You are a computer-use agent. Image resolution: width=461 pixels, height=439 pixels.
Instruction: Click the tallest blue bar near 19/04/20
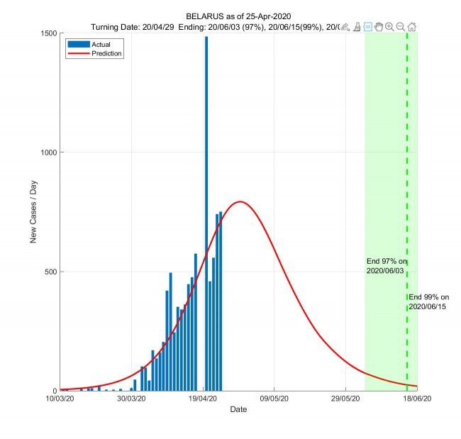point(206,213)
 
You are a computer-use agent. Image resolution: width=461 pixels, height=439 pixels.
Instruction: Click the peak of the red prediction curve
point(240,202)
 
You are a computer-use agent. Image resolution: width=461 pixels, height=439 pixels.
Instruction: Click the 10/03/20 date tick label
point(60,399)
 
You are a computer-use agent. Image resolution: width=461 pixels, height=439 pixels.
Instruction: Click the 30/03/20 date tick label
point(131,399)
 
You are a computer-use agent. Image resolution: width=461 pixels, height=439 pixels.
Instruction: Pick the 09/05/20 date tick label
point(274,399)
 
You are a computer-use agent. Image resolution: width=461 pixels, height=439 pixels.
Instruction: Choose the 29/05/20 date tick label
point(345,399)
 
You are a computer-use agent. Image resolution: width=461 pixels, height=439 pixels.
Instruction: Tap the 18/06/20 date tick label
point(416,399)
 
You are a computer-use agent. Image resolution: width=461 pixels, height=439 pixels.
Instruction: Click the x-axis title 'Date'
point(238,410)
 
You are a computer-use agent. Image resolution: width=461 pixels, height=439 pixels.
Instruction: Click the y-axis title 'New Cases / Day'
point(33,212)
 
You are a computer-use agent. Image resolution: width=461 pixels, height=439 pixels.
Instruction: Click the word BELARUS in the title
point(206,16)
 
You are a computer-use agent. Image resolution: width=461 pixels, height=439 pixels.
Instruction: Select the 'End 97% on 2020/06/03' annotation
point(387,267)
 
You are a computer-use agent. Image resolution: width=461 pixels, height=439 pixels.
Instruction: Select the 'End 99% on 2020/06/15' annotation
point(429,302)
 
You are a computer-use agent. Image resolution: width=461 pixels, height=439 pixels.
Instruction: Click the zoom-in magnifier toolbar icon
point(389,27)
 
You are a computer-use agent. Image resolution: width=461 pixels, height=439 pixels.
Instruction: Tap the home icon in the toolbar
point(412,27)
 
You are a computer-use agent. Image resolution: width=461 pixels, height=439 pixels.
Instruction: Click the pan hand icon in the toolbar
point(379,27)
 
